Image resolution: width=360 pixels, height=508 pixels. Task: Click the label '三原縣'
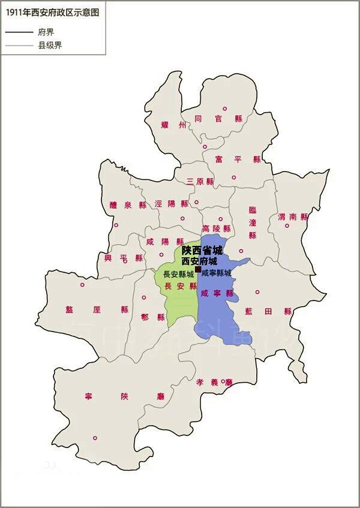(200, 181)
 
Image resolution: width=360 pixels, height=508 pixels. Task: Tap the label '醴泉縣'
(128, 205)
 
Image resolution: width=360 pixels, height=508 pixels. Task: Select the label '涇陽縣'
(171, 204)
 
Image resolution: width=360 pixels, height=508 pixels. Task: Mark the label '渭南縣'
(292, 217)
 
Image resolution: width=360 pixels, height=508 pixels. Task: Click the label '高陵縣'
(216, 229)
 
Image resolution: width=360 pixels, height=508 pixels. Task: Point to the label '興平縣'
(124, 258)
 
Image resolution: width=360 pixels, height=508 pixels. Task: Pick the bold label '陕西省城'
(202, 251)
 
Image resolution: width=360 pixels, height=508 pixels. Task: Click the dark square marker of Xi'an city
(198, 271)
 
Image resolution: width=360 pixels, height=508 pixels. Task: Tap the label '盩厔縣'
(97, 309)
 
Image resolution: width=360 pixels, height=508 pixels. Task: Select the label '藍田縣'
(268, 311)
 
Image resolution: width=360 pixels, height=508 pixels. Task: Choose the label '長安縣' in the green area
(180, 286)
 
